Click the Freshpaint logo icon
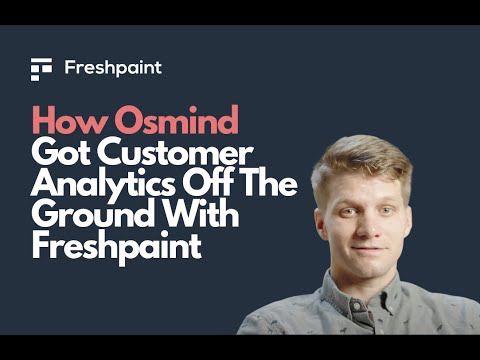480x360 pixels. click(x=41, y=69)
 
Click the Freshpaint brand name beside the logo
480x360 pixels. click(x=112, y=69)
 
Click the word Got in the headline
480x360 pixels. click(x=58, y=155)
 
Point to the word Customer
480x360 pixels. click(x=171, y=155)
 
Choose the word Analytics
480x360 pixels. click(x=99, y=185)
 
